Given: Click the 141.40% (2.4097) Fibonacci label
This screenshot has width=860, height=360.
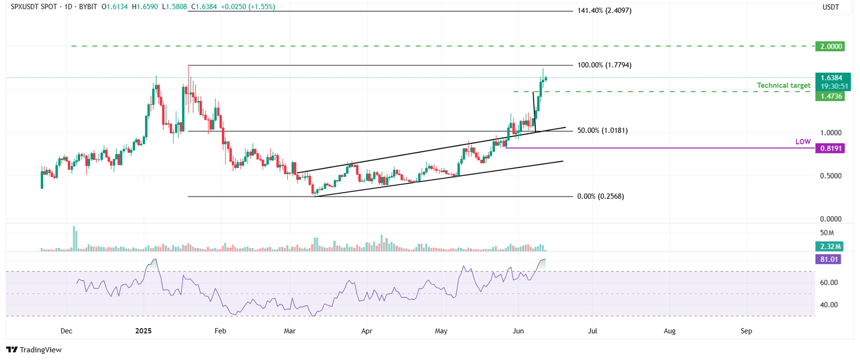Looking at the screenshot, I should click(x=605, y=11).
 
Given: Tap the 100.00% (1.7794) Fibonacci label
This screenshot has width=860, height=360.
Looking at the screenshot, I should click(x=605, y=65).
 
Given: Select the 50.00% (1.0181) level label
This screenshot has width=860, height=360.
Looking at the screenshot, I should click(x=602, y=130).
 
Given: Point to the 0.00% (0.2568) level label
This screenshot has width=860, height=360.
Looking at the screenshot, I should click(x=600, y=197).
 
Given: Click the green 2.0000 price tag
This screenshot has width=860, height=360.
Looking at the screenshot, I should click(x=829, y=46).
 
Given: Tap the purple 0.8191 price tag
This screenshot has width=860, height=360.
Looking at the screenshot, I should click(x=829, y=148).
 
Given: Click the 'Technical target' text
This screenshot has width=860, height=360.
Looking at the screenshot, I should click(x=783, y=86).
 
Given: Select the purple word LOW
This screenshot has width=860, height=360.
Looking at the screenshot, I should click(x=803, y=142).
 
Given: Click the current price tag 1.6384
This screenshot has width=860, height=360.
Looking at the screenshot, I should click(x=829, y=78).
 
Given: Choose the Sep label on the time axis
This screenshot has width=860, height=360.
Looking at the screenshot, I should click(x=746, y=331).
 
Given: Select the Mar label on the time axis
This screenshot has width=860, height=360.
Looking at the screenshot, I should click(x=289, y=331).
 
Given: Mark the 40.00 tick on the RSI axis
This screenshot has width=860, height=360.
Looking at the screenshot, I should click(x=829, y=305).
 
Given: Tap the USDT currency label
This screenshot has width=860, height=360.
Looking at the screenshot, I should click(x=829, y=8).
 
